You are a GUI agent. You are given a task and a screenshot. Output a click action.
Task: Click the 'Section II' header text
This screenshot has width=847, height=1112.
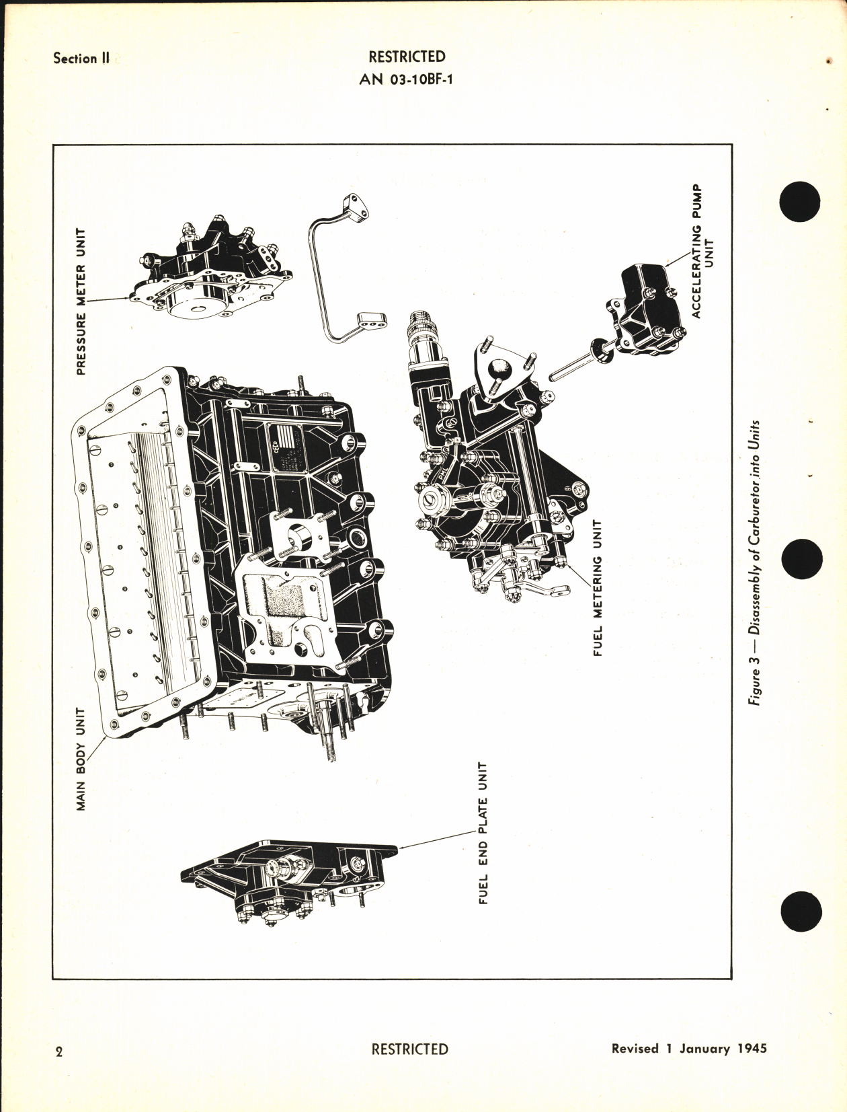pyautogui.click(x=81, y=59)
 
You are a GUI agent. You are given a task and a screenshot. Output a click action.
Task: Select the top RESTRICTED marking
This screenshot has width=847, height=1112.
pyautogui.click(x=407, y=57)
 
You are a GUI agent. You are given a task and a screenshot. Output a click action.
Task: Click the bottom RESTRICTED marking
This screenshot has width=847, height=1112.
pyautogui.click(x=409, y=1049)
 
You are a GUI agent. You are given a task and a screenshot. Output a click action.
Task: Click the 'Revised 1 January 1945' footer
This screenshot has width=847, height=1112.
pyautogui.click(x=689, y=1049)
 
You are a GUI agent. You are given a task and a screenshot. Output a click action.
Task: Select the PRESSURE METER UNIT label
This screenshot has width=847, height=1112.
pyautogui.click(x=81, y=301)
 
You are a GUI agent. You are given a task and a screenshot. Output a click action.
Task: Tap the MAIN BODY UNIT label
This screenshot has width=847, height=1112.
pyautogui.click(x=81, y=757)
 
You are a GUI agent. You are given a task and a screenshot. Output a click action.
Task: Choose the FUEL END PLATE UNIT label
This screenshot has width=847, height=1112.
pyautogui.click(x=483, y=833)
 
